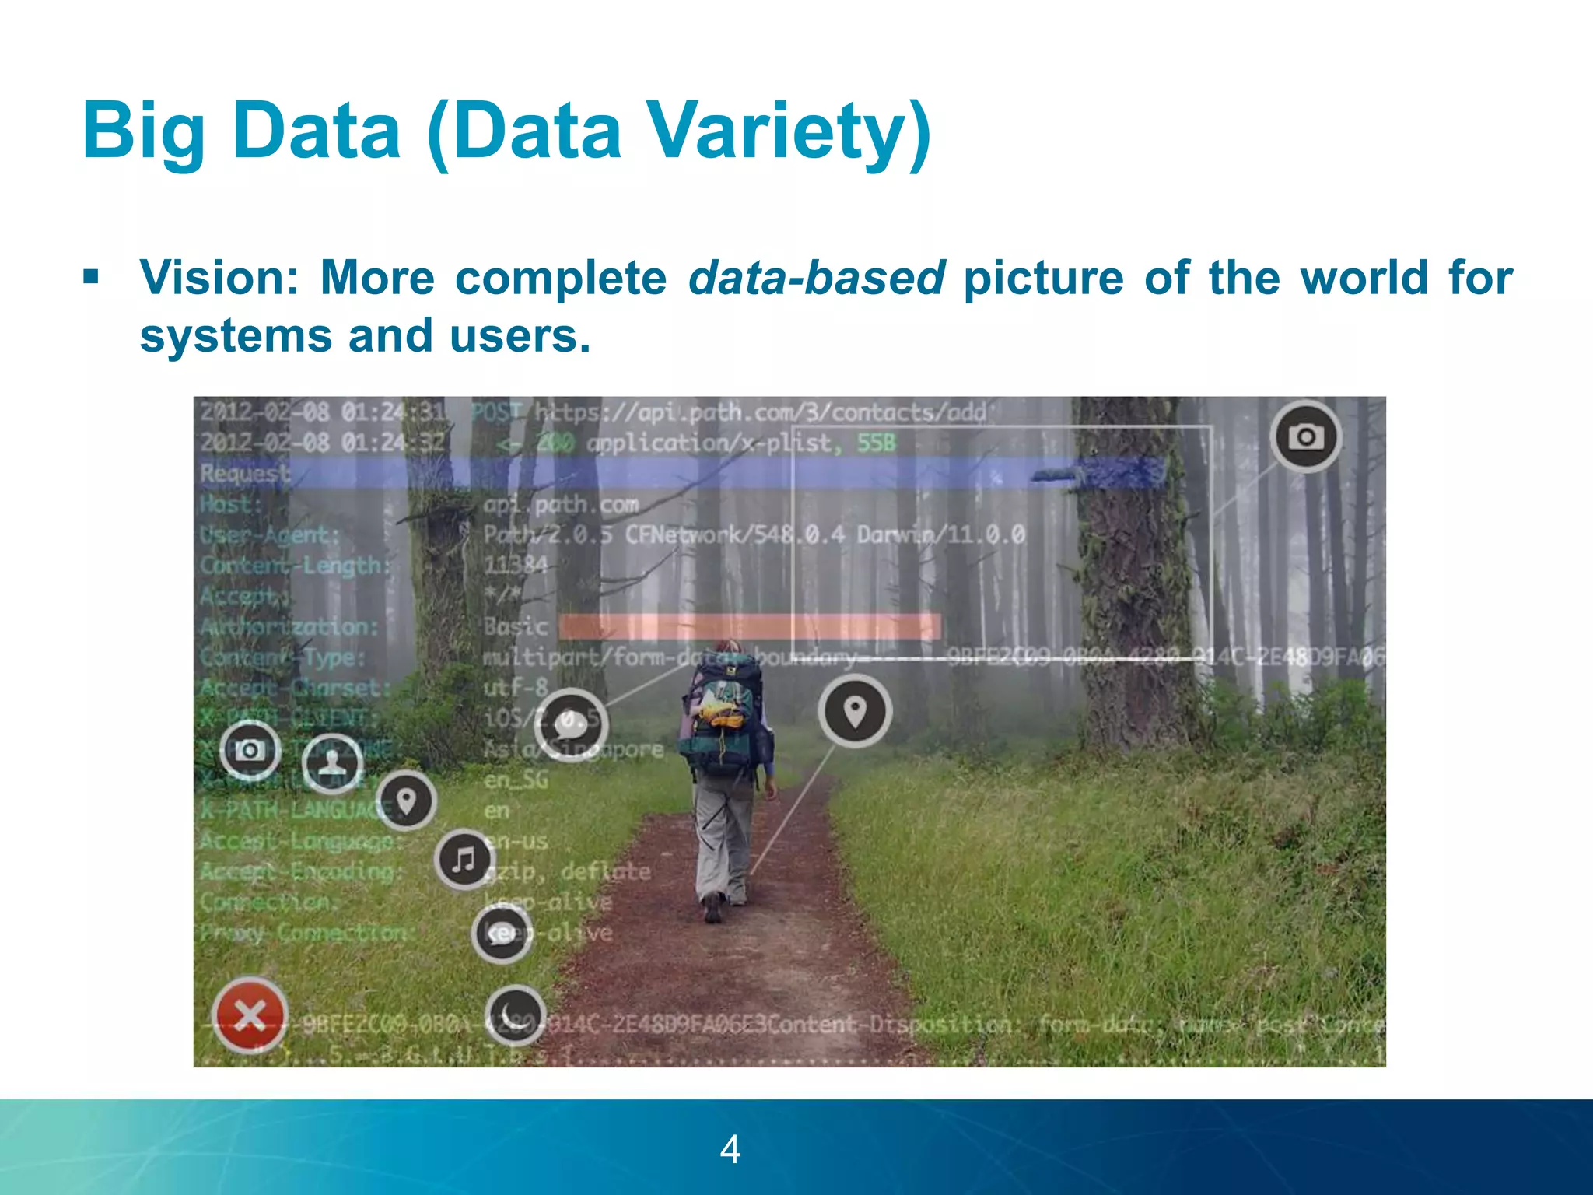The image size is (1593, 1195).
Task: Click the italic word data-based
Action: [x=816, y=278]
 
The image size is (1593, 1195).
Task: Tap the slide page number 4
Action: [x=730, y=1149]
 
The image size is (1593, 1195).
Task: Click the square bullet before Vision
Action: [x=91, y=277]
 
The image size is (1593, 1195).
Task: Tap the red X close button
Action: [x=250, y=1015]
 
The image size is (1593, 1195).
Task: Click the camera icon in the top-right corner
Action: [x=1306, y=437]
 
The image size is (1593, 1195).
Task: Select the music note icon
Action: [x=464, y=860]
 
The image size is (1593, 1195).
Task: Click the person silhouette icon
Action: [x=332, y=762]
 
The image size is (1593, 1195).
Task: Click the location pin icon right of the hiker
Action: [x=855, y=711]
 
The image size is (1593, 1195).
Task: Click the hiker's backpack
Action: [x=722, y=716]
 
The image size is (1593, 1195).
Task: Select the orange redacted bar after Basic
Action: [x=749, y=626]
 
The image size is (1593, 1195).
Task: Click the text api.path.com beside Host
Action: [x=561, y=505]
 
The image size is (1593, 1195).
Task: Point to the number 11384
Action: [x=516, y=565]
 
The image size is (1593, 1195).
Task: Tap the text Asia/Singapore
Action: [x=574, y=749]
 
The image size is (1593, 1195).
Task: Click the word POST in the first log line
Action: [x=496, y=412]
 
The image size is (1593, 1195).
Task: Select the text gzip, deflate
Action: [x=568, y=871]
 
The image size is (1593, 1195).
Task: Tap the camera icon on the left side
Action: [x=250, y=750]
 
